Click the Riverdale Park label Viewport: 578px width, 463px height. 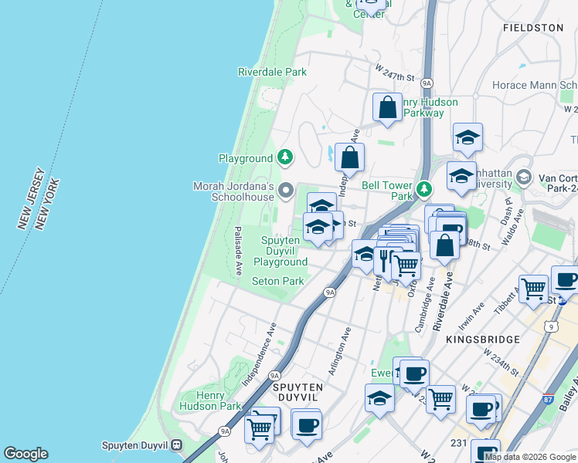[272, 72]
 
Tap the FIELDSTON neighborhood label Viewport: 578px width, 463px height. [533, 27]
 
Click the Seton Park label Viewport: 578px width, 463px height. [278, 282]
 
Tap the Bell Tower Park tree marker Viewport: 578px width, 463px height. [423, 188]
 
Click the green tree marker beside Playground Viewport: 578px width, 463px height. [286, 158]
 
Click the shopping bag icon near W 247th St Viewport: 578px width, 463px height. [387, 108]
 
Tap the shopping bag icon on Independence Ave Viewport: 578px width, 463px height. [349, 157]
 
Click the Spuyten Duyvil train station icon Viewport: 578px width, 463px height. [177, 445]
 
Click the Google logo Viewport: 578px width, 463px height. [25, 454]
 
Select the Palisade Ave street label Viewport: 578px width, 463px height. [239, 251]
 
